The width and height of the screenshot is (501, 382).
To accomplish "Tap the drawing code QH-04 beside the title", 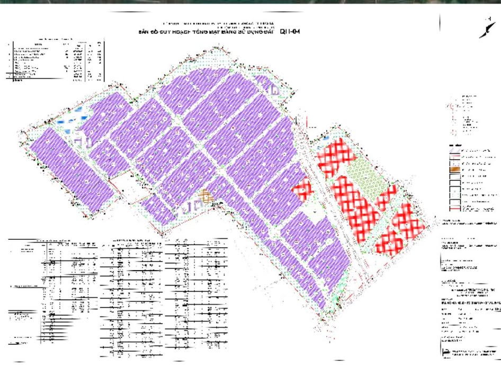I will point(290,32).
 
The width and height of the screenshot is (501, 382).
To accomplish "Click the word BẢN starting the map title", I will point(144,32).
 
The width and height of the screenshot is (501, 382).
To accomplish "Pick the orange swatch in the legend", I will point(454,168).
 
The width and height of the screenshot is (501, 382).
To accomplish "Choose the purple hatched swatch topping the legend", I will point(454,151).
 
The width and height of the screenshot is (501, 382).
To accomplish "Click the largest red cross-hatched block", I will point(356,205).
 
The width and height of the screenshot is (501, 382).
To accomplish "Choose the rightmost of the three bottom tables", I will point(197,297).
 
